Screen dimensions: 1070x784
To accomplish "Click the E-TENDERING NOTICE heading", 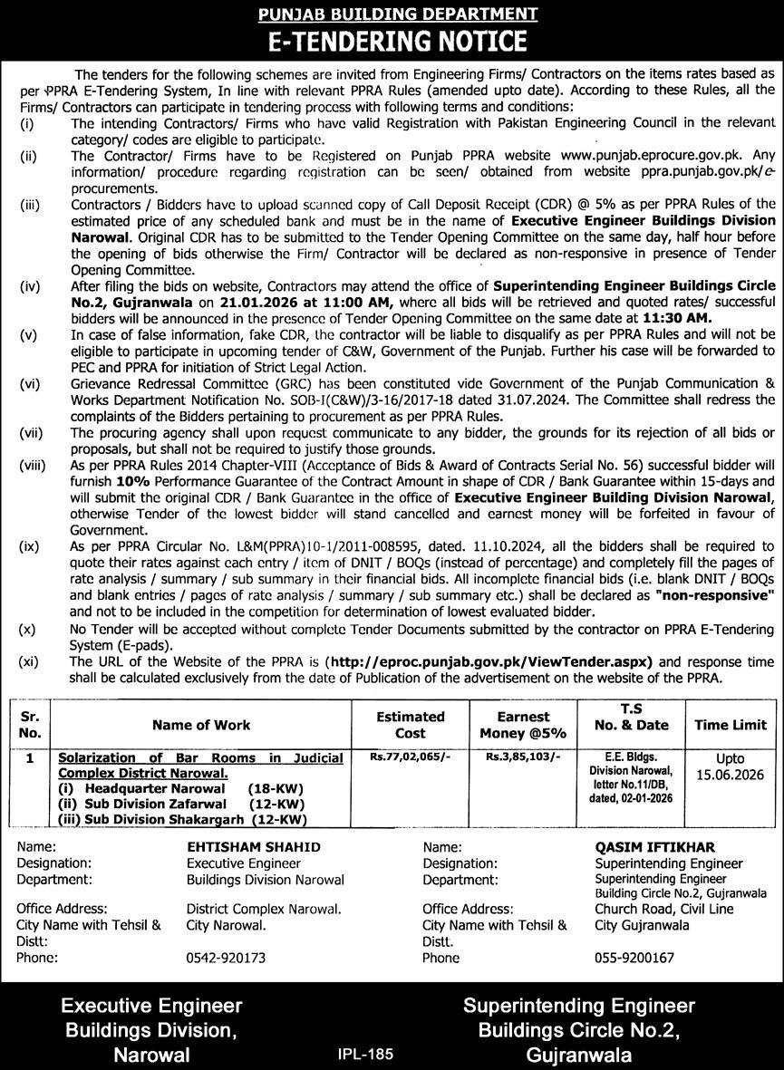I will pos(392,41).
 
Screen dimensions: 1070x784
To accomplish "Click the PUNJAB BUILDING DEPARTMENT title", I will pos(392,14).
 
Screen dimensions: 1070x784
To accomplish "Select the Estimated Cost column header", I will pos(411,724).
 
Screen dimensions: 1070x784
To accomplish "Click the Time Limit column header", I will pos(730,725).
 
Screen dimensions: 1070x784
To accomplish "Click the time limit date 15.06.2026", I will pos(730,774).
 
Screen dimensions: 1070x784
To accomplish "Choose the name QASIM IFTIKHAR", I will pos(644,846).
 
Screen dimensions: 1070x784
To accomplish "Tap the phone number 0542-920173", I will pos(227,958).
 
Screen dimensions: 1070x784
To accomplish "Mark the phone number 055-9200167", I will pos(634,958).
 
